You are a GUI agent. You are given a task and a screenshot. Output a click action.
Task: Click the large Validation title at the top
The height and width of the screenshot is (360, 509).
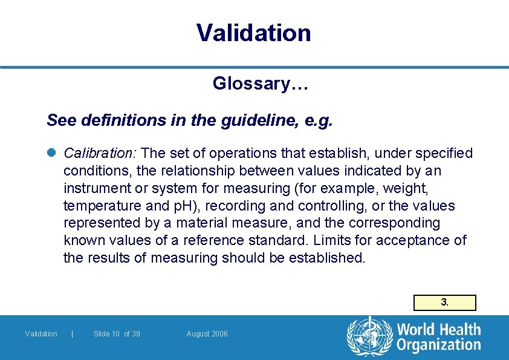(x=254, y=33)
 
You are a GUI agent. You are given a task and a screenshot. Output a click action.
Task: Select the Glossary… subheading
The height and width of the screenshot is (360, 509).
(x=261, y=83)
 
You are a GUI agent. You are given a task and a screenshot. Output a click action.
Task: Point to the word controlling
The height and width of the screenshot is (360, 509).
(x=328, y=206)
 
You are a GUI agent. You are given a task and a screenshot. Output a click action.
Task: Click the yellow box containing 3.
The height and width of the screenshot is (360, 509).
(x=444, y=303)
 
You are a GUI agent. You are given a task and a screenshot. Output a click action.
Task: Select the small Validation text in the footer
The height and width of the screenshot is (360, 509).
(x=41, y=334)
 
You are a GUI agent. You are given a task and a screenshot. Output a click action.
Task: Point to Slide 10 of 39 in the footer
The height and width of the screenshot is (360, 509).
(x=117, y=334)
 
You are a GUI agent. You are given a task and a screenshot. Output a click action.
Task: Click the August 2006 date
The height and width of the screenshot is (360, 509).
(x=207, y=334)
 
